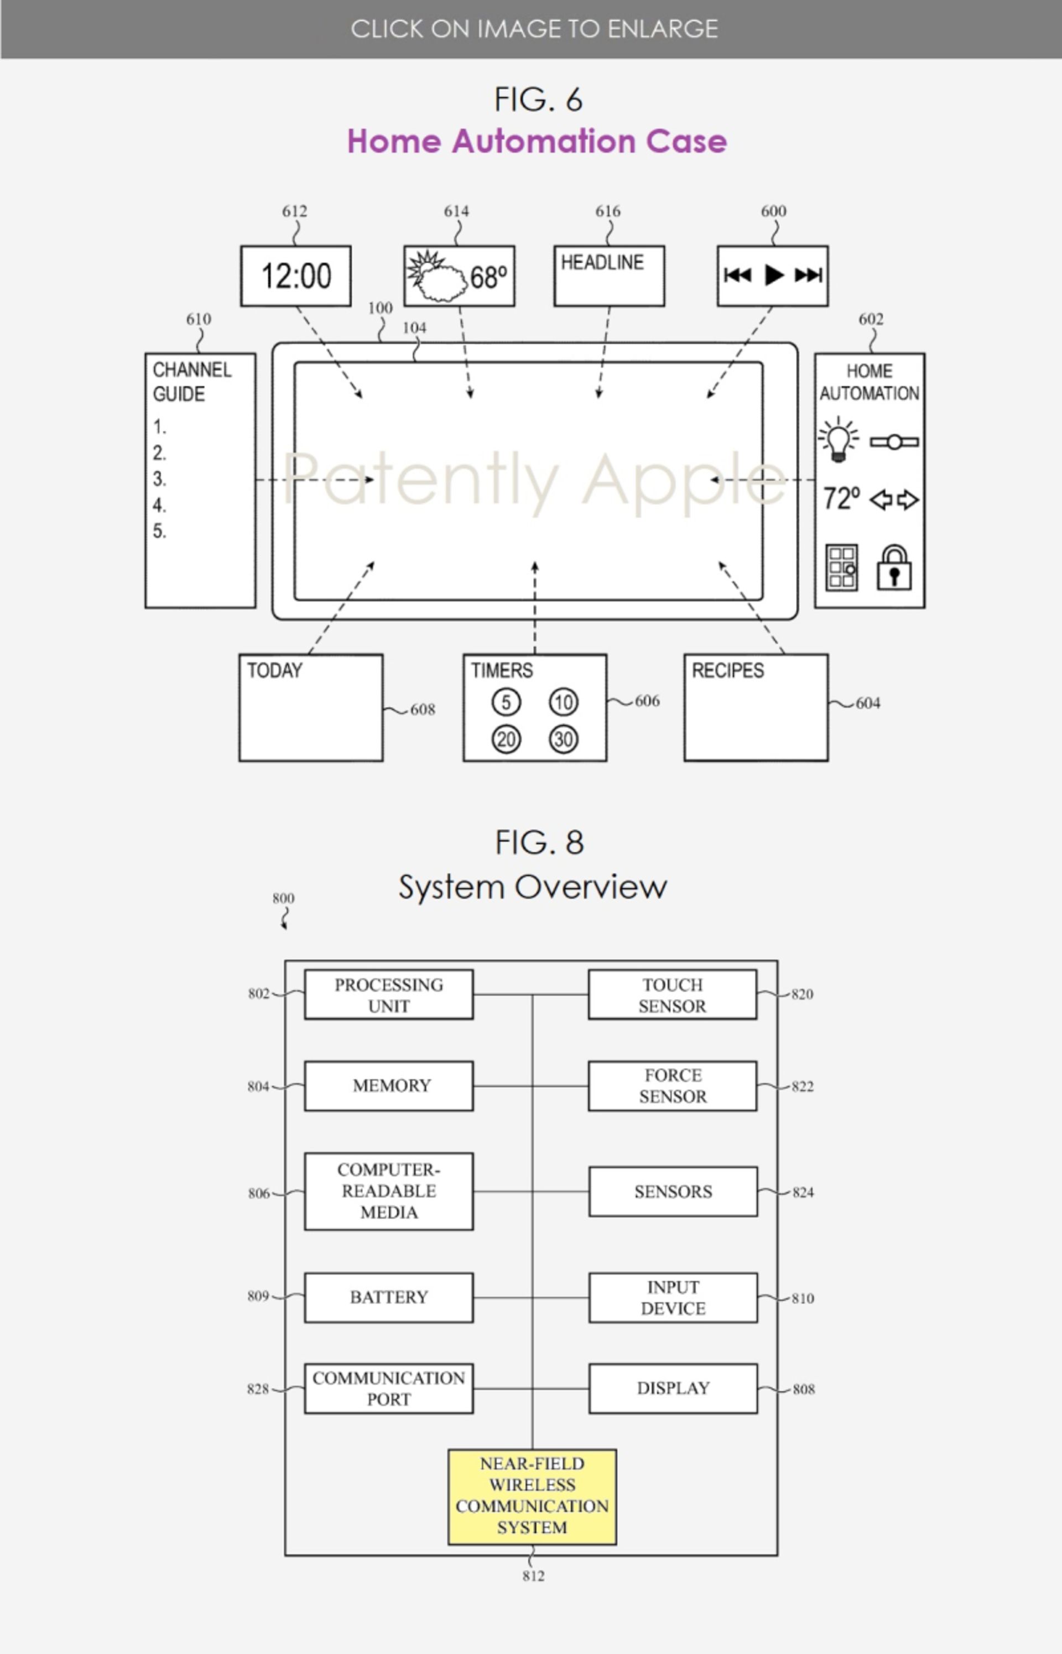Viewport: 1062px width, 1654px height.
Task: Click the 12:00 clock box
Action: tap(296, 276)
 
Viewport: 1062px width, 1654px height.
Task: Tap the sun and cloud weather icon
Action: tap(436, 278)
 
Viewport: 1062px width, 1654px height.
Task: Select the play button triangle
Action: tap(774, 275)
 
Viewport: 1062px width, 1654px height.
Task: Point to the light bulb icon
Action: tap(838, 439)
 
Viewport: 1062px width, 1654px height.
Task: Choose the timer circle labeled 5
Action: tap(506, 703)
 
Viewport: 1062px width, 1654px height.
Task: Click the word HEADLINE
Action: tap(602, 263)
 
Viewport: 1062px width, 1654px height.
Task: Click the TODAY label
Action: tap(274, 671)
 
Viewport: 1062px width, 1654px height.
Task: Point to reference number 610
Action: tap(199, 319)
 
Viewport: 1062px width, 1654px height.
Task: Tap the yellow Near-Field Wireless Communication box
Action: tap(532, 1495)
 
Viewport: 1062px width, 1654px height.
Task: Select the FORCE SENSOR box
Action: tap(673, 1086)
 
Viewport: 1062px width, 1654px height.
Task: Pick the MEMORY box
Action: tap(389, 1086)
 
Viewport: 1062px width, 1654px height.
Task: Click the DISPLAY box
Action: tap(673, 1388)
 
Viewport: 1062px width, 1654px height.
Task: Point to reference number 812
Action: tap(533, 1575)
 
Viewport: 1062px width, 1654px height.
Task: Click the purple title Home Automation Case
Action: tap(537, 142)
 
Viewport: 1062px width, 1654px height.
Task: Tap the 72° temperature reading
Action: tap(841, 498)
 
